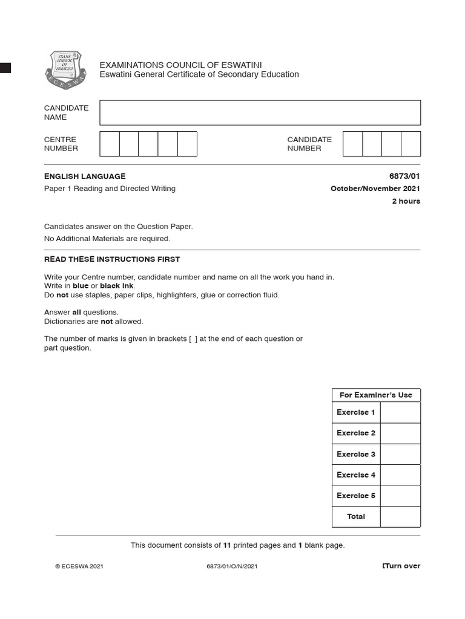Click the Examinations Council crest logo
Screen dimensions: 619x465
coord(66,70)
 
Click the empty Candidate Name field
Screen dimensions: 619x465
coord(260,113)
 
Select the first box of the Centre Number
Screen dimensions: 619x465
coord(110,144)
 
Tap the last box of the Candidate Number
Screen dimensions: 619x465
coord(411,144)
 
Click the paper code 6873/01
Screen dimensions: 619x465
coord(404,176)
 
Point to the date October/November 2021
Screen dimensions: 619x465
coord(375,189)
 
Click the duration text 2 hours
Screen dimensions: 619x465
coord(406,201)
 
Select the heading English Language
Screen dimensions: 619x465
coord(85,176)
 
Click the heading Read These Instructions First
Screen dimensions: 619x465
coord(112,259)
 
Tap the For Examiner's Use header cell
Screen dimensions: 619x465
coord(375,395)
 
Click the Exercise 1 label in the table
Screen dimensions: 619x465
coord(356,412)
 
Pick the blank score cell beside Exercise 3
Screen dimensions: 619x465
coord(400,454)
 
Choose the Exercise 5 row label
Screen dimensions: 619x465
coord(356,496)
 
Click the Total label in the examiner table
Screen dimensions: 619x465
coord(356,517)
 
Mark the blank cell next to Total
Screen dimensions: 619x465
coord(400,517)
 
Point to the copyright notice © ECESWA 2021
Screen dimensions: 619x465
coord(79,566)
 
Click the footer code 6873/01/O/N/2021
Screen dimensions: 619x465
coord(232,566)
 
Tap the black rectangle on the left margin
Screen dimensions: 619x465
coord(5,68)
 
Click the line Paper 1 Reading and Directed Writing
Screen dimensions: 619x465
coord(110,189)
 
